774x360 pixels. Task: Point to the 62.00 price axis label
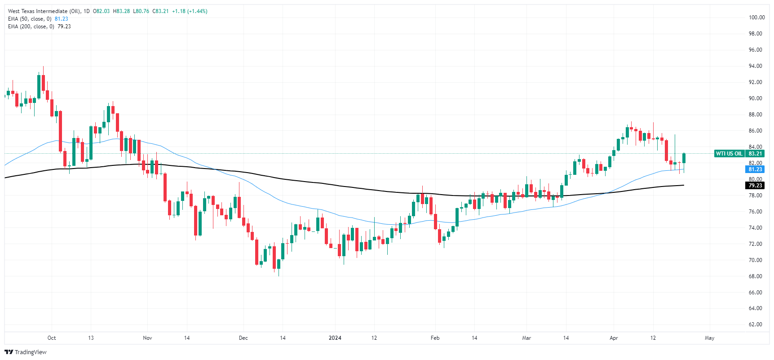756,324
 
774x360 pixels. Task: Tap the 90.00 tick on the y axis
756,98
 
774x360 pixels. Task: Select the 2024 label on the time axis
335,338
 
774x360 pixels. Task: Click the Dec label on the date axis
243,338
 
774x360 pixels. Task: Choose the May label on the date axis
709,338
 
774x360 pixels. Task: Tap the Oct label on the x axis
52,338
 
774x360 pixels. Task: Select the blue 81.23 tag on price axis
755,169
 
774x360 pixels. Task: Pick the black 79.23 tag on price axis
755,186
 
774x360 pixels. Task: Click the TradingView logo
26,352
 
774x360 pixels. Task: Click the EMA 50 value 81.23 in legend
62,19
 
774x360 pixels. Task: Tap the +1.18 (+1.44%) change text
190,11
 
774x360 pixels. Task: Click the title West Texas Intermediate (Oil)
44,11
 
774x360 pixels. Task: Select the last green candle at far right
684,158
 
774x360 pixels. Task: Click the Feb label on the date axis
435,338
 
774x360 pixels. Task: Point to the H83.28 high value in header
121,11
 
